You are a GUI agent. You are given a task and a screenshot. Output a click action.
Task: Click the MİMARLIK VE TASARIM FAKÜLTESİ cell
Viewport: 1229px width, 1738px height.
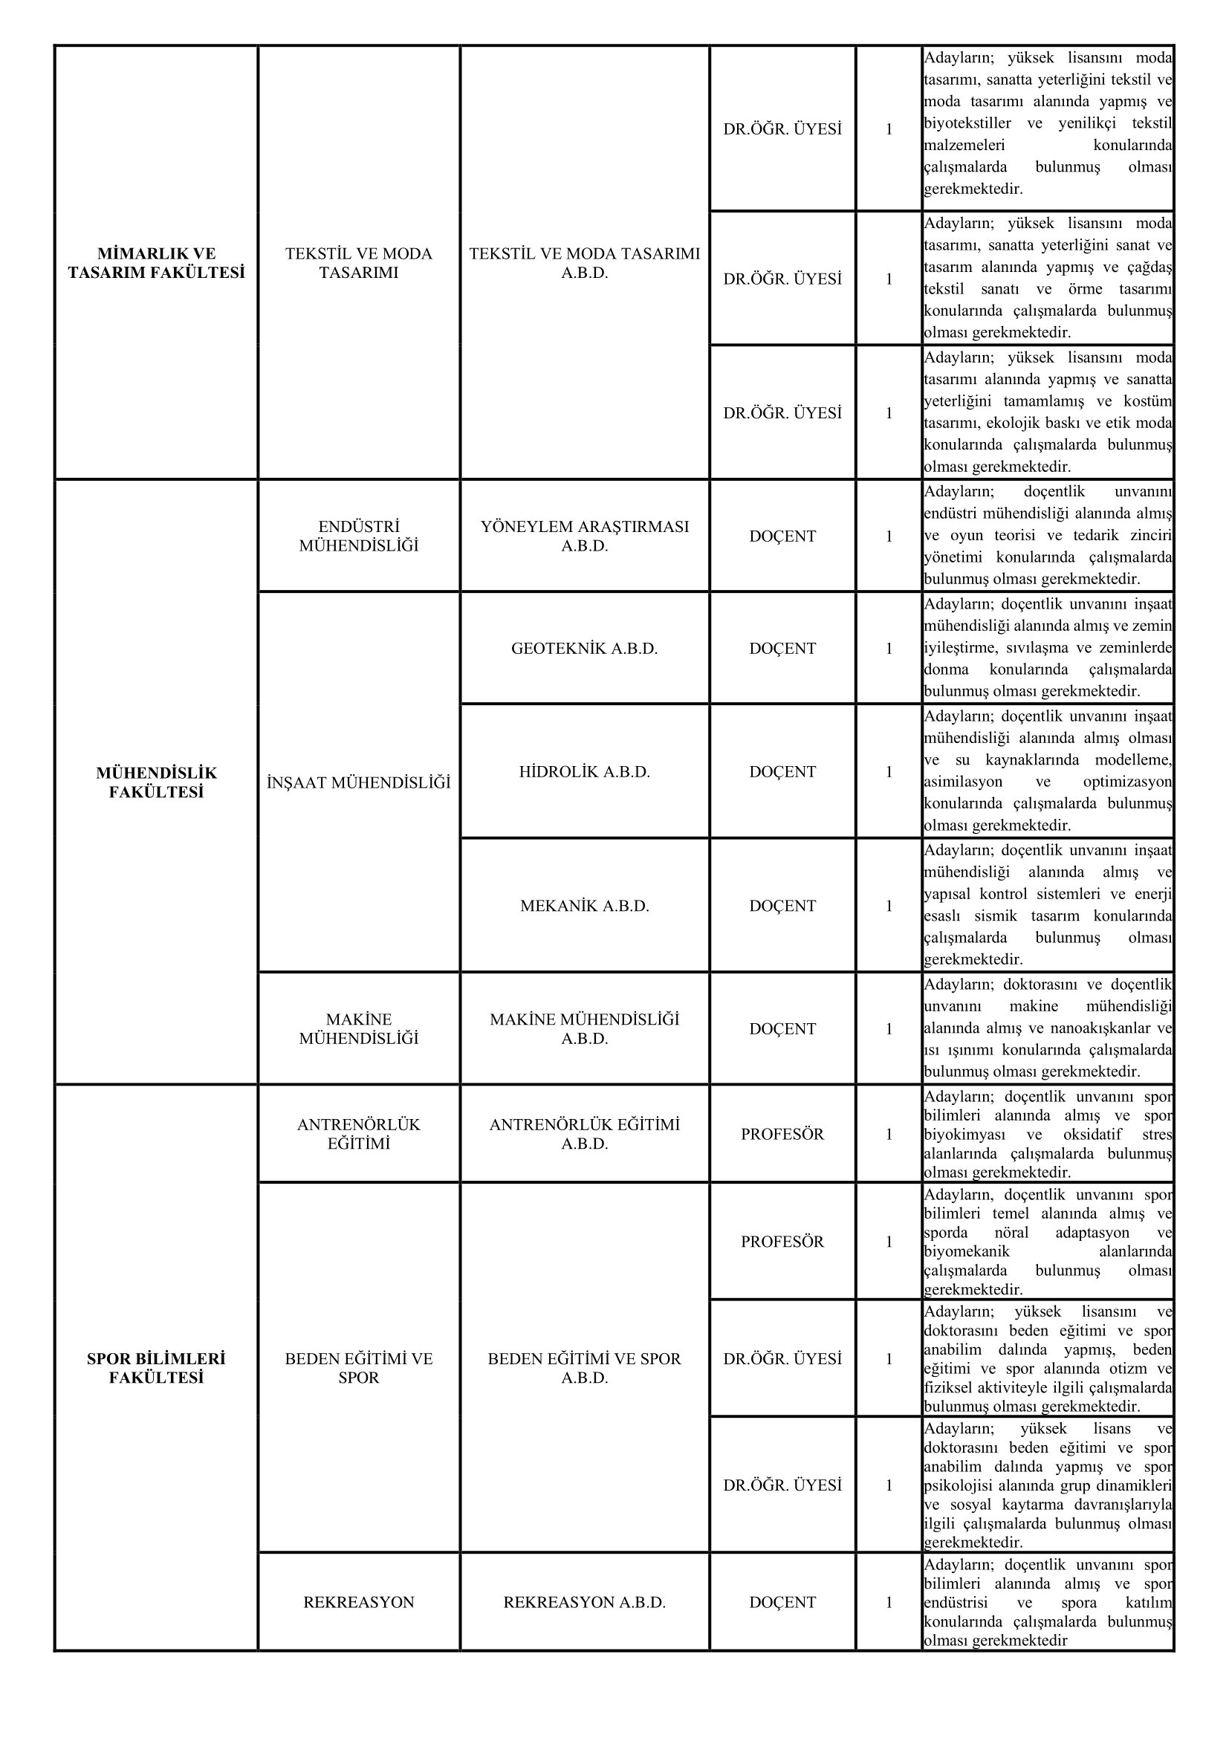click(156, 262)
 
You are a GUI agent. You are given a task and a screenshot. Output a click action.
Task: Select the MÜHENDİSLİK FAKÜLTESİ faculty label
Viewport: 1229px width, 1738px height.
click(156, 782)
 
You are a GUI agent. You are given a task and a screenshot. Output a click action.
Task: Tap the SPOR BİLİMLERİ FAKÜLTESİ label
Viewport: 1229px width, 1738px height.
click(156, 1368)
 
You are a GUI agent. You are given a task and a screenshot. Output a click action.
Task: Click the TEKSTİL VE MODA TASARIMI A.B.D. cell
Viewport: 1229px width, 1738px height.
click(584, 262)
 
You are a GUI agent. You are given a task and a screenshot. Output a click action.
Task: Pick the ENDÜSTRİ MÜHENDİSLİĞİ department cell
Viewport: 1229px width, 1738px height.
click(359, 536)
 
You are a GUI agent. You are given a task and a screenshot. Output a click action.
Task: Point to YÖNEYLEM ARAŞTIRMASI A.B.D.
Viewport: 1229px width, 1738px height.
click(584, 536)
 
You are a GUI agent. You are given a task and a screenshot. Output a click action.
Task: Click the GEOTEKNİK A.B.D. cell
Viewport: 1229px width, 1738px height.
click(584, 649)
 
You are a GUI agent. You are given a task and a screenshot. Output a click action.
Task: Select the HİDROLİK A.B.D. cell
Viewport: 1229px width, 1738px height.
click(584, 772)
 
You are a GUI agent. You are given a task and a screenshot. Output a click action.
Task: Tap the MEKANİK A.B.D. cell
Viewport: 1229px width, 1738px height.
click(584, 906)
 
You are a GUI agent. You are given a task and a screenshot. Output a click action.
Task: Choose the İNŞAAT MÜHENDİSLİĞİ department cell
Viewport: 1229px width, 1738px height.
click(359, 782)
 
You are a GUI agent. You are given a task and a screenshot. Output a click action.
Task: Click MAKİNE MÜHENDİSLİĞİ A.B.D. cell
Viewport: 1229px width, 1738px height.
click(584, 1028)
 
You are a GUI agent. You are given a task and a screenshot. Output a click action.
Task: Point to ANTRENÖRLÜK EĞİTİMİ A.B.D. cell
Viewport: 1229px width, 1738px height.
click(584, 1134)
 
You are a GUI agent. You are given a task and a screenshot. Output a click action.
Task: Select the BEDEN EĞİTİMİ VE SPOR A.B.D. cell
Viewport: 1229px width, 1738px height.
click(584, 1368)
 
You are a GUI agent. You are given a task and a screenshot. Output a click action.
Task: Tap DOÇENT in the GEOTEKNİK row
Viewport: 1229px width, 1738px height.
click(782, 649)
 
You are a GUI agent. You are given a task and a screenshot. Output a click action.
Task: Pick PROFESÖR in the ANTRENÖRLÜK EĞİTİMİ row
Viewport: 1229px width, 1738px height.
click(782, 1134)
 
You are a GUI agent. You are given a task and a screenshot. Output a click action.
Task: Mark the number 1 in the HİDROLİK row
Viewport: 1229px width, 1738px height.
click(889, 772)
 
